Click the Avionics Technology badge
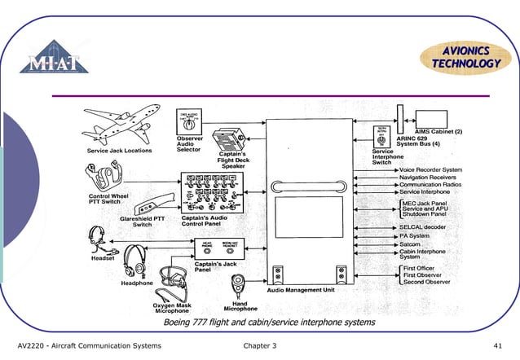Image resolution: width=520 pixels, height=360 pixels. (x=466, y=58)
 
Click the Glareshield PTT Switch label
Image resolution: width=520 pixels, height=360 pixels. (x=143, y=221)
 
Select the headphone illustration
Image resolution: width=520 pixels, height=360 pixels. (x=134, y=262)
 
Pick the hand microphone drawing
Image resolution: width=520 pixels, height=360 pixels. (x=240, y=285)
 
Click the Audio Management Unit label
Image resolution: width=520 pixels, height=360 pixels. (x=301, y=291)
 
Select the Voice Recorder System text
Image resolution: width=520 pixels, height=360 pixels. (x=430, y=169)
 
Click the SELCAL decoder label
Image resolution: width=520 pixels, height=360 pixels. (x=422, y=226)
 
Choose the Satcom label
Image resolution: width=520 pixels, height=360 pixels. (x=410, y=244)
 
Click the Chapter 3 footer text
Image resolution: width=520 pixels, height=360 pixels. (x=260, y=346)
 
